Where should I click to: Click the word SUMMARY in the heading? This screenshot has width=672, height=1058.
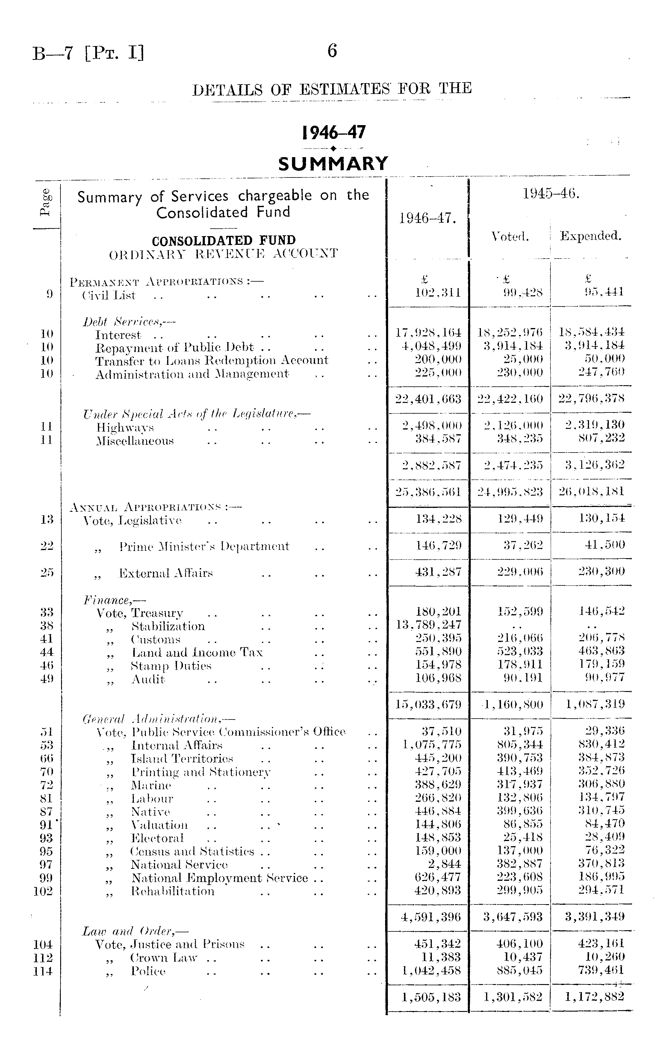(333, 163)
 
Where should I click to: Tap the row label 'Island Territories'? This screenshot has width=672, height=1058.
(182, 759)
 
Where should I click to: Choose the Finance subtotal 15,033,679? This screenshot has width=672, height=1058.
(429, 704)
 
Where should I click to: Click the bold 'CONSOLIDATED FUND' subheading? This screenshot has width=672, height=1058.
(223, 241)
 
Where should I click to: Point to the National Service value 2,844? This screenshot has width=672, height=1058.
(444, 864)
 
